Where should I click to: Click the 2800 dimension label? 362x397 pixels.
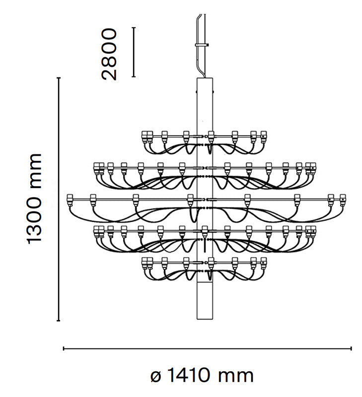tap(109, 54)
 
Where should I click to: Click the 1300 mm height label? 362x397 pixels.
tap(34, 199)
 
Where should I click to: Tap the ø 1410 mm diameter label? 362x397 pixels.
tap(202, 375)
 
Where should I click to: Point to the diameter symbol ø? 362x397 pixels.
tap(156, 377)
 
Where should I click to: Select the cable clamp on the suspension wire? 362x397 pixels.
tap(202, 45)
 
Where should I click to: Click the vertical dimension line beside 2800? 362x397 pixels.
tap(134, 52)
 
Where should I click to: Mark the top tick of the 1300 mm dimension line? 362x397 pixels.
tap(59, 78)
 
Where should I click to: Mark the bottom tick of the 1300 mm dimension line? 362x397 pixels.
tap(59, 321)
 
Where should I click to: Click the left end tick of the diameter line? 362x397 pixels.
tap(64, 349)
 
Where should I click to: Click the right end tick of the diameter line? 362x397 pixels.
tap(351, 349)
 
